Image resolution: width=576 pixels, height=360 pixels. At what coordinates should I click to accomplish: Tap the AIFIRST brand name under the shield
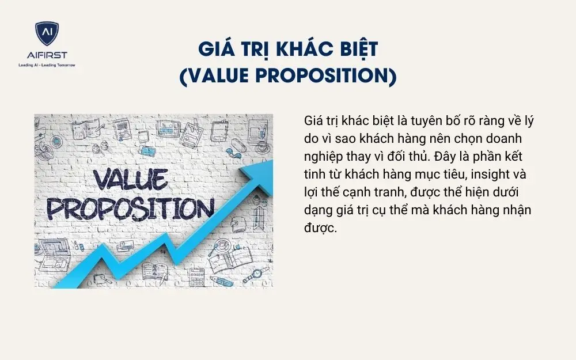click(47, 55)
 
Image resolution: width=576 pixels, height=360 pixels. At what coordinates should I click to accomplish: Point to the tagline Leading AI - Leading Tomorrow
click(47, 65)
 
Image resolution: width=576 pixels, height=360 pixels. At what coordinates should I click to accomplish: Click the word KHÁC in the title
click(304, 49)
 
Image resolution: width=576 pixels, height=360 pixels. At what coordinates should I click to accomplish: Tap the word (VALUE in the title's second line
click(215, 75)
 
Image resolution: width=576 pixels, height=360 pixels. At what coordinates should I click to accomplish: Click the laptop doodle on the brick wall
click(55, 252)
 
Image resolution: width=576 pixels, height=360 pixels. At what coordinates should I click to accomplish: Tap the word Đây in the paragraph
click(438, 157)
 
